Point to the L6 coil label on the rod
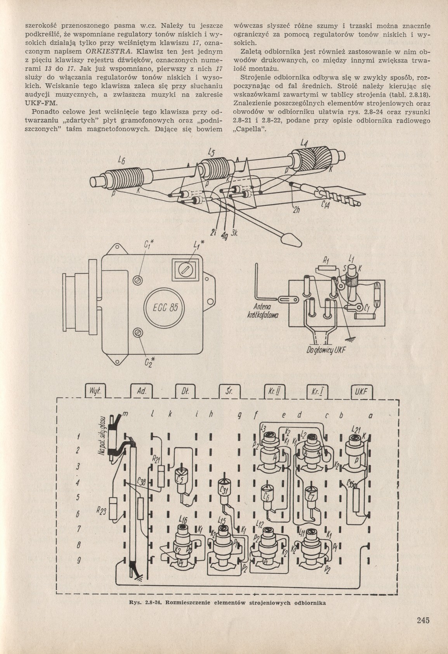(122, 159)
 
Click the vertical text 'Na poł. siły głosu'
(103, 439)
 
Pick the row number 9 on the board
(78, 560)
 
